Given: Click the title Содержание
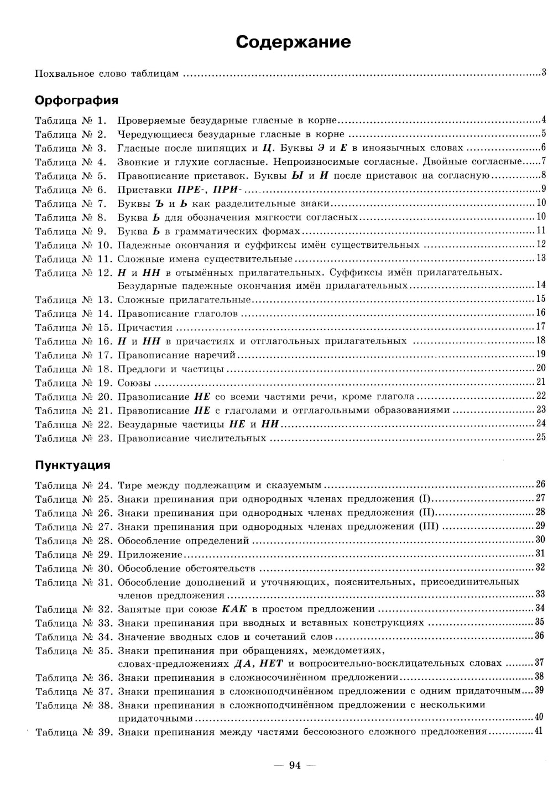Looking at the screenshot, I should pos(293,42).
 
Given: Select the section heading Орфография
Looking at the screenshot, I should pos(76,100).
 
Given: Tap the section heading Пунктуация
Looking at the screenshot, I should pos(72,465).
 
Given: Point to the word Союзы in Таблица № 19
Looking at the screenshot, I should pos(134,383).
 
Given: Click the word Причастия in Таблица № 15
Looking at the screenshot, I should pos(145,327).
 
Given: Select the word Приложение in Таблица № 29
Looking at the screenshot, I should pos(150,554).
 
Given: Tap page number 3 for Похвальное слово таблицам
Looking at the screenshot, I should pos(544,72).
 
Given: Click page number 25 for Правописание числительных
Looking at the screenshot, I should pos(541,437).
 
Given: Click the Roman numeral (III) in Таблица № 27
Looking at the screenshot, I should pos(429,526).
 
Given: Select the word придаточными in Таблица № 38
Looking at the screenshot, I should pos(155,718).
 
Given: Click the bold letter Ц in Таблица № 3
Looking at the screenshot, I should pos(269,148).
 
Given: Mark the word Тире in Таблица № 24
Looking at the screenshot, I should pos(130,485).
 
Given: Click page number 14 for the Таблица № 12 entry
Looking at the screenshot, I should pos(541,285).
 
